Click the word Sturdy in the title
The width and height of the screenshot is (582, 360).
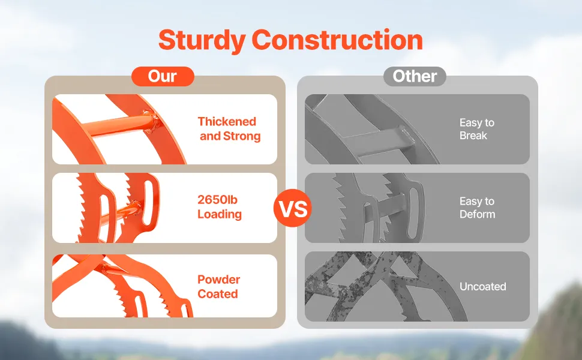[202, 40]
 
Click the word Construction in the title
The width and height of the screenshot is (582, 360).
[337, 40]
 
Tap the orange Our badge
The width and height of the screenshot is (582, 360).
[163, 76]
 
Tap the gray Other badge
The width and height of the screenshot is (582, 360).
[415, 76]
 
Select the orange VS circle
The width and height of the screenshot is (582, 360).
[292, 208]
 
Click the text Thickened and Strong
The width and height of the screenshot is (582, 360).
[229, 129]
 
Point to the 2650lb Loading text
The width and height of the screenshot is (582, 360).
[220, 207]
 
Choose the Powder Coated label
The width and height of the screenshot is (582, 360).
[218, 287]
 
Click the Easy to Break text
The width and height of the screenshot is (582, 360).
[477, 129]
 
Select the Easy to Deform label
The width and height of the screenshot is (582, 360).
[478, 208]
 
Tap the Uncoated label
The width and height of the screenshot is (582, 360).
[483, 287]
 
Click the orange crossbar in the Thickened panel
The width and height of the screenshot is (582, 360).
[119, 125]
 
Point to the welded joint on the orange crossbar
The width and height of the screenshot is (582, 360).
[151, 119]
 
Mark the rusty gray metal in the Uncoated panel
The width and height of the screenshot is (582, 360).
[382, 286]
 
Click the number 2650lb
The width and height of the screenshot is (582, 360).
[218, 200]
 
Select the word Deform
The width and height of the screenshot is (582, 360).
[478, 214]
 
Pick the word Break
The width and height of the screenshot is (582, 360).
[473, 136]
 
